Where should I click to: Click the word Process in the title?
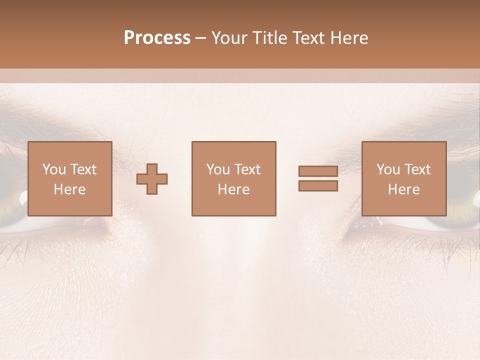157,38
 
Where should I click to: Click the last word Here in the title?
348,38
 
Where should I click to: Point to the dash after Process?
201,38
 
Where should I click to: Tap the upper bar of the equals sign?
318,171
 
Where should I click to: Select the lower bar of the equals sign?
318,186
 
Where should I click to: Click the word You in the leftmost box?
54,169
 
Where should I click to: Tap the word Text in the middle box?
247,169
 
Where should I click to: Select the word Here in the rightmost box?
403,189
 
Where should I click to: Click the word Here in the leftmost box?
69,189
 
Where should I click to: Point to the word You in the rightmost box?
388,169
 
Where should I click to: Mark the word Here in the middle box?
233,189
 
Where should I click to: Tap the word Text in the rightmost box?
417,169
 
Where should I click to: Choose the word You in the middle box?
218,169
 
